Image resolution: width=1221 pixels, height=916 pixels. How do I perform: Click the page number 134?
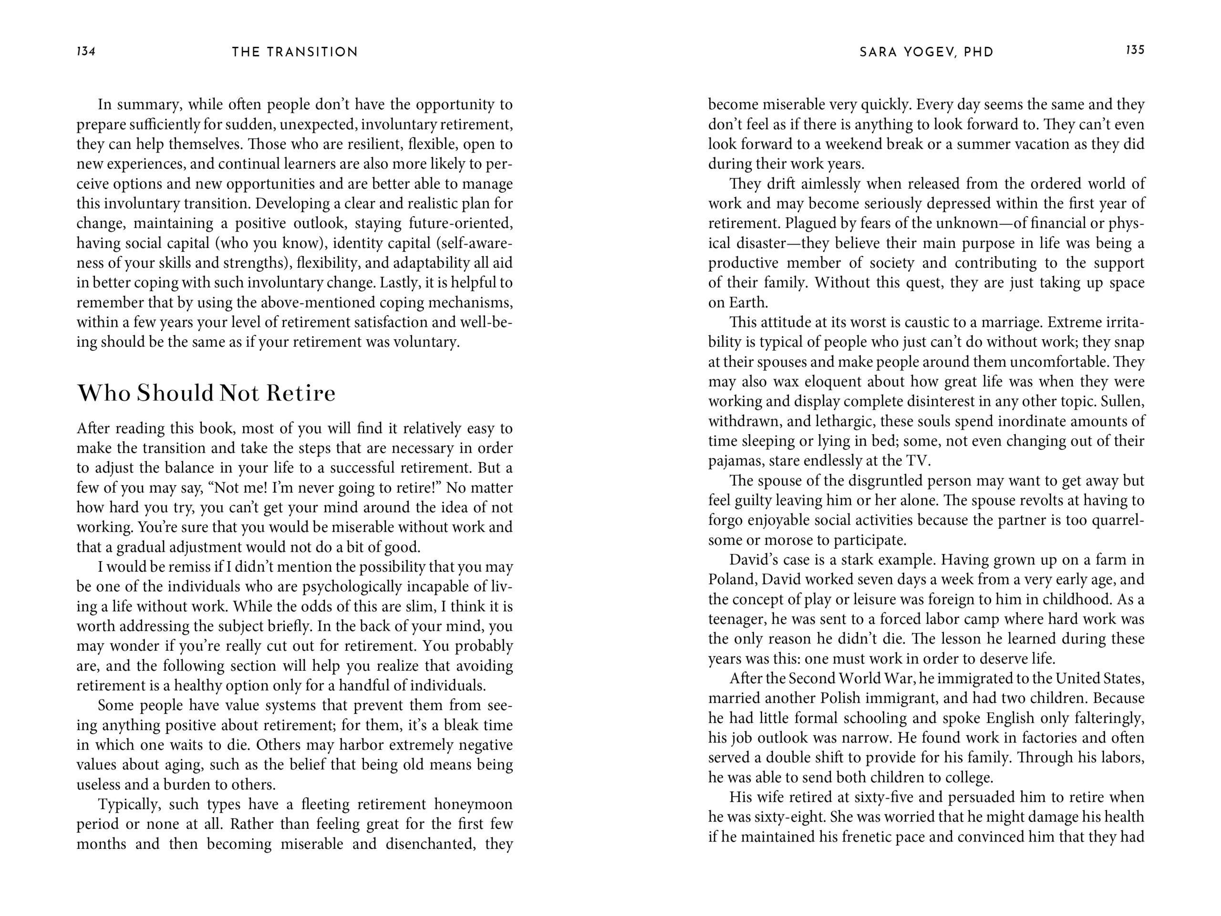pos(86,52)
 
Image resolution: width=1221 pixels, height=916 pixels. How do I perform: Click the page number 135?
pos(1135,50)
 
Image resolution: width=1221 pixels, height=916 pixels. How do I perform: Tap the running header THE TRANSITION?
pos(295,52)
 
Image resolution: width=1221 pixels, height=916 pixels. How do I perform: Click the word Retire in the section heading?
pos(301,393)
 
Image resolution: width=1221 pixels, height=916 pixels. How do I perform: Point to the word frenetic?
pos(869,837)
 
